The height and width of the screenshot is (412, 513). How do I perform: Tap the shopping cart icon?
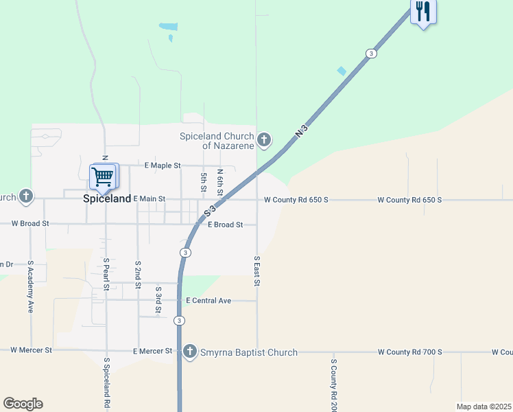(x=103, y=176)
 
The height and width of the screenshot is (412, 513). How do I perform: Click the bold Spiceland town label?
(x=106, y=198)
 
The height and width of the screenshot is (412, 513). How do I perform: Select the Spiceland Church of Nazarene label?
(x=217, y=141)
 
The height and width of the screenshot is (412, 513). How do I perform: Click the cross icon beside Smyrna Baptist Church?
(x=190, y=352)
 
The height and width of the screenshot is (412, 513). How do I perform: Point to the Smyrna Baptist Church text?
(x=248, y=352)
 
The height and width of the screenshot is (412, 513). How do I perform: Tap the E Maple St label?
(x=163, y=165)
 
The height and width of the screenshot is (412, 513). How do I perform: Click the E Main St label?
(x=150, y=198)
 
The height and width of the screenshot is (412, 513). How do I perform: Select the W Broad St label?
(x=30, y=223)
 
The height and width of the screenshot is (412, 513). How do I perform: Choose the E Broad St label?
(x=225, y=225)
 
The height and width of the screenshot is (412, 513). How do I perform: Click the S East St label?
(x=256, y=271)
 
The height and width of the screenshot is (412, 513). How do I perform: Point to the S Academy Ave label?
(x=31, y=288)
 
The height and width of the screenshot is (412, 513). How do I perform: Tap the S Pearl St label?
(x=106, y=274)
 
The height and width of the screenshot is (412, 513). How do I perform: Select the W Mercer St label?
(x=31, y=350)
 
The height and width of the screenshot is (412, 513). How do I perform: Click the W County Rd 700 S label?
(x=409, y=352)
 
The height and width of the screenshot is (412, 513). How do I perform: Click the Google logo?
(x=23, y=404)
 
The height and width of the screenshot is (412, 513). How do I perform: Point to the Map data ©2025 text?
(x=484, y=407)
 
